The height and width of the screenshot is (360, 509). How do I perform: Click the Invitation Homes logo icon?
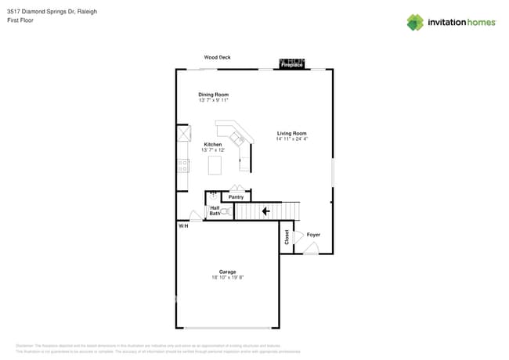point(414,23)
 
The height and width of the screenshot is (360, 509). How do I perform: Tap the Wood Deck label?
point(217,57)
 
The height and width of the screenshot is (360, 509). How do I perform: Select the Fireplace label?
point(292,65)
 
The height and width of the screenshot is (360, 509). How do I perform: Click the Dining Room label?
point(213,95)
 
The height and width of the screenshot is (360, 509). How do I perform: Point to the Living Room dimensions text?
point(291,139)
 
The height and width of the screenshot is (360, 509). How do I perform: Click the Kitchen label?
point(213,144)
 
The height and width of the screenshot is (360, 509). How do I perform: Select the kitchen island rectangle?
point(214,165)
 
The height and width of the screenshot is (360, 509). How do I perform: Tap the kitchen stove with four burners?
point(182,165)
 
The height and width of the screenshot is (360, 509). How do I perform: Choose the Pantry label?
point(236,197)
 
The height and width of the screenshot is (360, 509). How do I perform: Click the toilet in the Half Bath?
point(224,211)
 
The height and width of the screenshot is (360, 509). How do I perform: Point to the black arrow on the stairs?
point(265,211)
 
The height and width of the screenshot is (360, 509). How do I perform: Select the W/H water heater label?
point(183,226)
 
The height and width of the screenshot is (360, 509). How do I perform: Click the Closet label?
point(287,237)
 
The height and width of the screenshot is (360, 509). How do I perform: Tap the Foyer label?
point(313,235)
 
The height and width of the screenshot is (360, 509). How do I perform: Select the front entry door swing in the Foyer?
point(310,249)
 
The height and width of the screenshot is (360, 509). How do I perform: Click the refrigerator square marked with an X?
point(183,135)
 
